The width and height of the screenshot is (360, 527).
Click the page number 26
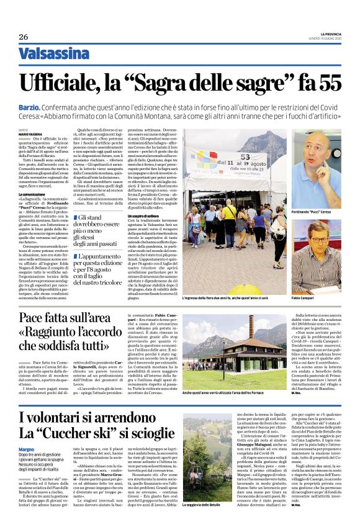(x=24, y=37)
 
